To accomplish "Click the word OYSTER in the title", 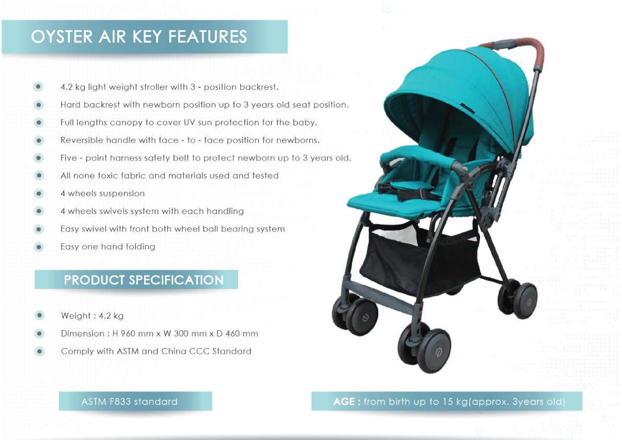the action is pos(62,37).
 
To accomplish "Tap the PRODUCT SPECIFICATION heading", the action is pos(144,280).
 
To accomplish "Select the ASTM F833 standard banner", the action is pos(135,401).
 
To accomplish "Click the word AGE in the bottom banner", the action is pos(344,401).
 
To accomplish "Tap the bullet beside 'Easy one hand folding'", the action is pos(39,247).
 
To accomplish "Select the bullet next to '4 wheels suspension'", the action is pos(39,194).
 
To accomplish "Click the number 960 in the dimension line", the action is pos(128,334).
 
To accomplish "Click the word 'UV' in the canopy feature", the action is pos(190,123).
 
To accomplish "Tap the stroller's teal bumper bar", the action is pos(417,157).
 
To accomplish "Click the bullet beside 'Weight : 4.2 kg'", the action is pos(39,316).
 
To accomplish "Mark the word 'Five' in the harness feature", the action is pos(68,158).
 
